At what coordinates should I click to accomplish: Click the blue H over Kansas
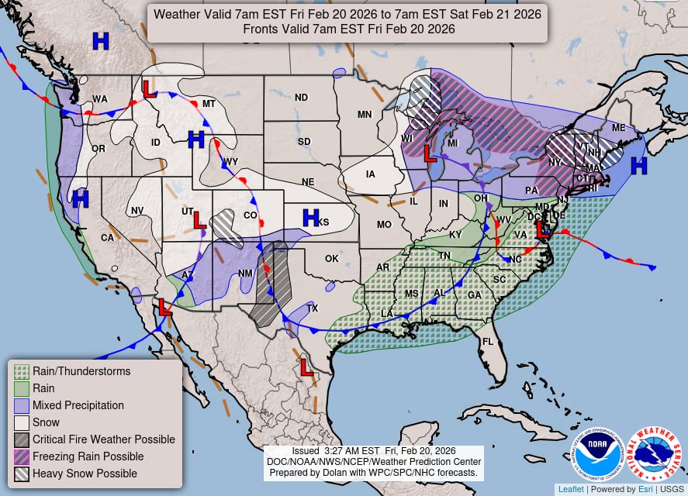[311, 218]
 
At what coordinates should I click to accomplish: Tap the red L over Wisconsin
[428, 153]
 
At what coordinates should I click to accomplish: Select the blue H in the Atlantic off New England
[638, 165]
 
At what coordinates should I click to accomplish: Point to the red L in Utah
[199, 220]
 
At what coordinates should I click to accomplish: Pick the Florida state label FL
[488, 341]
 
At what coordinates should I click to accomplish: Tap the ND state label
[301, 98]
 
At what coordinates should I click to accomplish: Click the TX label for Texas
[313, 308]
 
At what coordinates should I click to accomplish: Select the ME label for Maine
[618, 128]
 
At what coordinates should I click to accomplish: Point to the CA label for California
[107, 238]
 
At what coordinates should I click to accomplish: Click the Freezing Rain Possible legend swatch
[22, 456]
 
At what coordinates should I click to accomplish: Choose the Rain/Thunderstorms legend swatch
[22, 371]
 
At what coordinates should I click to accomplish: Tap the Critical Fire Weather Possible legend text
[103, 439]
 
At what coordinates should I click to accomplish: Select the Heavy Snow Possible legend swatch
[22, 474]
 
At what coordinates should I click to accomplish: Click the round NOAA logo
[597, 454]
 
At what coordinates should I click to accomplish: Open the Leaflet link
[571, 489]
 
